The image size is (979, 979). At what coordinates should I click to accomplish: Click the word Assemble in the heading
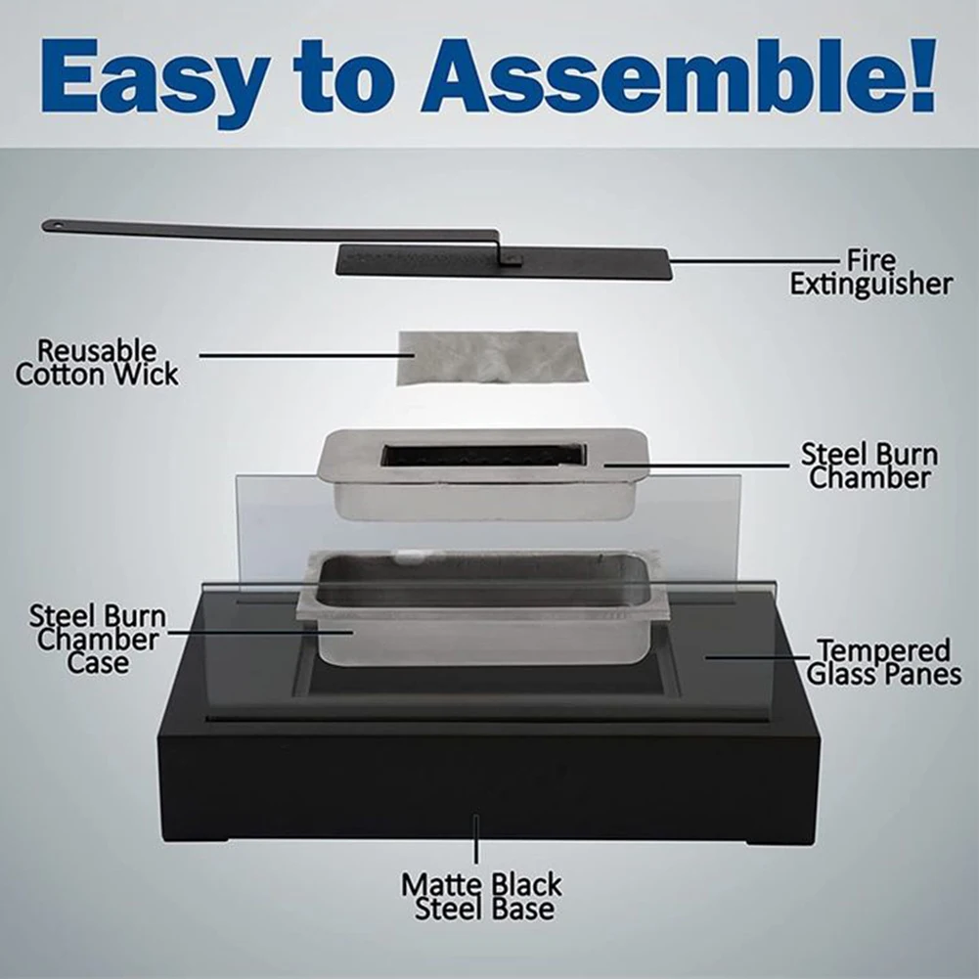[x=655, y=75]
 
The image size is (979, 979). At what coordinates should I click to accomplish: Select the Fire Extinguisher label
[x=871, y=272]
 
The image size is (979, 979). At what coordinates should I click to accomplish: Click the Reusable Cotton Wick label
[x=97, y=363]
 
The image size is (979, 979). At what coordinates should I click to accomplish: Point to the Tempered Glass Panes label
[x=883, y=662]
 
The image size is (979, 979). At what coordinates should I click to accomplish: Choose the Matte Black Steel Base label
[x=481, y=897]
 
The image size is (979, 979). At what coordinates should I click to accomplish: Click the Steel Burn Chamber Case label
[x=98, y=640]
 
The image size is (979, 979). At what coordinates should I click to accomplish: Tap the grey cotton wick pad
[x=493, y=358]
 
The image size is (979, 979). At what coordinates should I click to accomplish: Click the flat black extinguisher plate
[x=504, y=262]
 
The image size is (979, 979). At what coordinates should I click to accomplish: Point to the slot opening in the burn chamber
[x=484, y=455]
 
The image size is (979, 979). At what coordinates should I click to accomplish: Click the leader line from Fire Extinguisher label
[x=754, y=260]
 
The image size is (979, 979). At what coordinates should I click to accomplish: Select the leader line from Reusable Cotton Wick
[x=306, y=356]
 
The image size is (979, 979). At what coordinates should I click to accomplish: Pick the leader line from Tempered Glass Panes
[x=757, y=657]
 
